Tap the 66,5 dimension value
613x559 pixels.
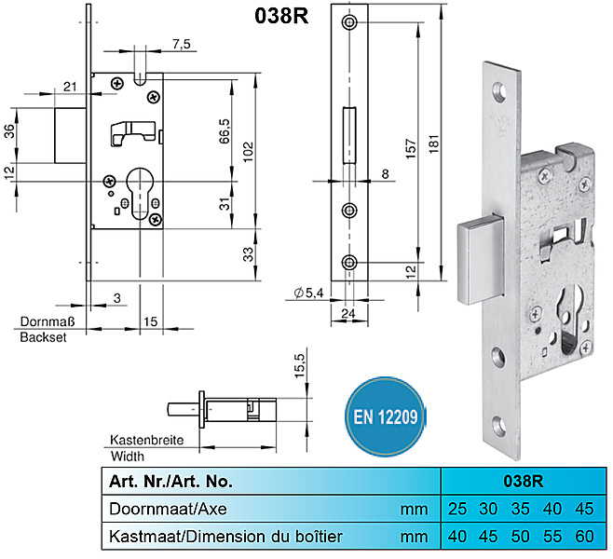click(x=224, y=130)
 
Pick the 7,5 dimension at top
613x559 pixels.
click(x=182, y=44)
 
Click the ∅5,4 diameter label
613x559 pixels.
click(x=308, y=294)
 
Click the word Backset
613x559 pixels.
click(x=44, y=337)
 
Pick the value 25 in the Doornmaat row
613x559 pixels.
click(x=456, y=509)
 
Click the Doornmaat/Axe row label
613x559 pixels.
click(x=167, y=509)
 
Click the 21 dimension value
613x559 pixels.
click(x=71, y=87)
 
